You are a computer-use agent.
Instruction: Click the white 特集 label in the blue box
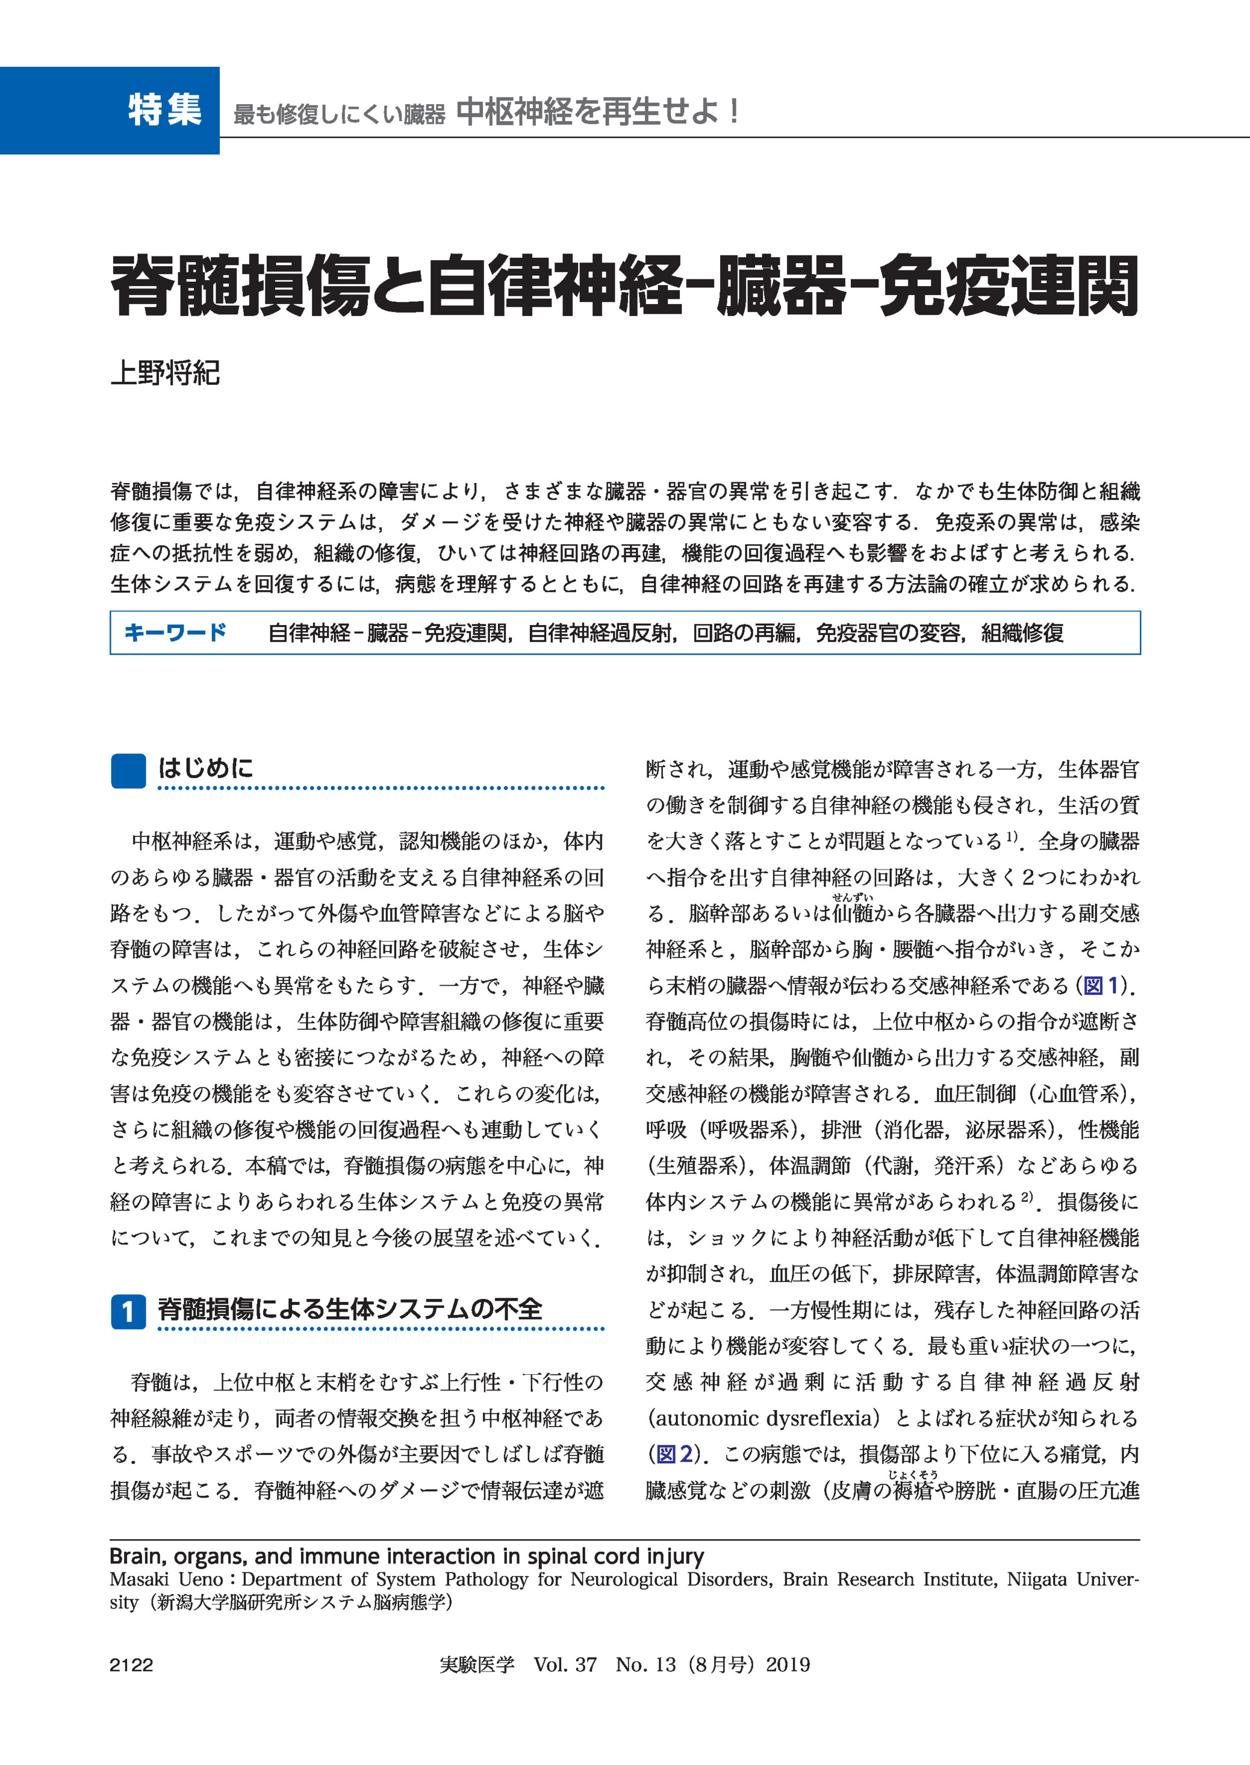[165, 110]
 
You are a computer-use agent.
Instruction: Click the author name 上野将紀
[166, 373]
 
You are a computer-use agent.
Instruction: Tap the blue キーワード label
[175, 633]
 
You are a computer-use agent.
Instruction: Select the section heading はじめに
[205, 767]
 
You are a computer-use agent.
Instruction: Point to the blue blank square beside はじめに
[128, 771]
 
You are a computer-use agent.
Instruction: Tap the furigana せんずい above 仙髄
[852, 897]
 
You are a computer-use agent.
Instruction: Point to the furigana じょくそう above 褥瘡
[913, 1475]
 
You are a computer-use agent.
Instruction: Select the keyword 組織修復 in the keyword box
[1023, 633]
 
